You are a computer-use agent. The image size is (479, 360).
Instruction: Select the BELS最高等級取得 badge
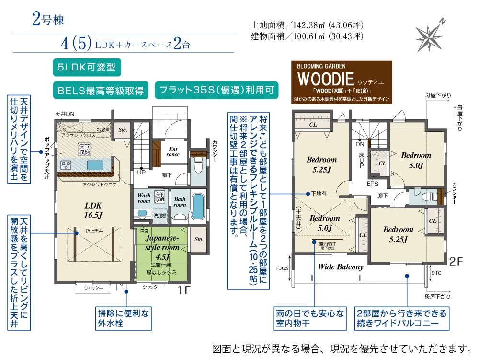101,90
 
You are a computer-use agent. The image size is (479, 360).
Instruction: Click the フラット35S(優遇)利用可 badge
217,90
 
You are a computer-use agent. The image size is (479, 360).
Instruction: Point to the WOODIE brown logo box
343,82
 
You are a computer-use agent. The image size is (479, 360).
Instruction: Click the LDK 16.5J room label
93,209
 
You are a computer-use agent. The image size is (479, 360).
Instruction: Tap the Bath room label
180,202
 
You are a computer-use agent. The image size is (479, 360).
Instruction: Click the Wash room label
144,198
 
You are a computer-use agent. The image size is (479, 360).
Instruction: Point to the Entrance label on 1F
173,151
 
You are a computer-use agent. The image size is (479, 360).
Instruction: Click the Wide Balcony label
341,267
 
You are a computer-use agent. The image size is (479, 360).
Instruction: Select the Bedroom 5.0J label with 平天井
324,222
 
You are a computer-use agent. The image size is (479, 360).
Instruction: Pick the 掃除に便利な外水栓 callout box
124,318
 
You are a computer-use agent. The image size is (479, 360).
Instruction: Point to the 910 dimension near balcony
436,273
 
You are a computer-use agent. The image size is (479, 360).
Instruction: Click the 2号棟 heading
47,20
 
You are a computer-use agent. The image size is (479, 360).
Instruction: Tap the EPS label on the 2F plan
373,184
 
